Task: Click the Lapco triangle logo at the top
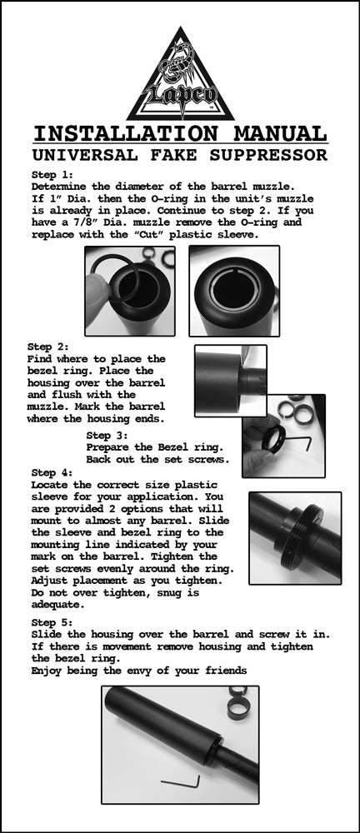pos(180,77)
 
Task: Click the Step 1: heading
pos(52,175)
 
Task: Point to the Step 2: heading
pos(48,347)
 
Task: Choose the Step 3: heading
pos(107,435)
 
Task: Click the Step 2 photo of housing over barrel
pos(230,381)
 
